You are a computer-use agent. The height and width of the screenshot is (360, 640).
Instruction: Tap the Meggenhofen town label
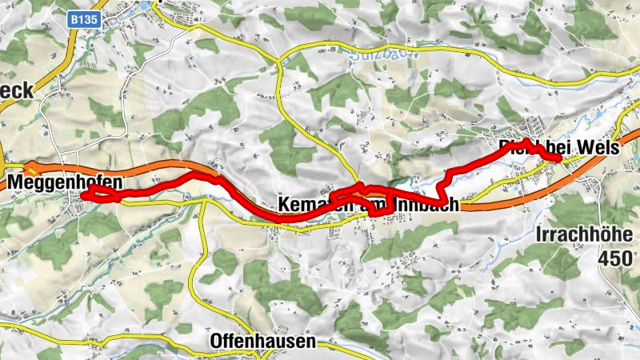59,183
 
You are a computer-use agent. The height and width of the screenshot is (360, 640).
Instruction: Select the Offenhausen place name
262,342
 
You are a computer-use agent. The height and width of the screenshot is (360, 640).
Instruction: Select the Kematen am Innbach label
370,206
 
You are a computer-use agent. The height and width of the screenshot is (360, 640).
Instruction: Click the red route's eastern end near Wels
558,158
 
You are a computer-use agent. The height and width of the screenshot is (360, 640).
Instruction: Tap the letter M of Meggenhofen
17,183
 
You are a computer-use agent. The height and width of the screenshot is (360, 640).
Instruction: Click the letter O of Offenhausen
217,342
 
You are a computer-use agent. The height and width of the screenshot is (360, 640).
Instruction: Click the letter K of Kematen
285,206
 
